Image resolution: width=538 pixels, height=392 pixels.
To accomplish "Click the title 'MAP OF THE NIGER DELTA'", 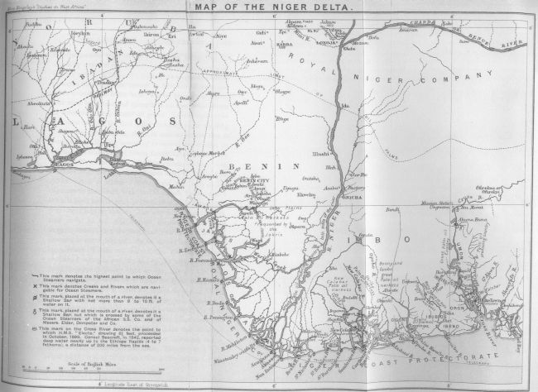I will coord(269,9).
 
